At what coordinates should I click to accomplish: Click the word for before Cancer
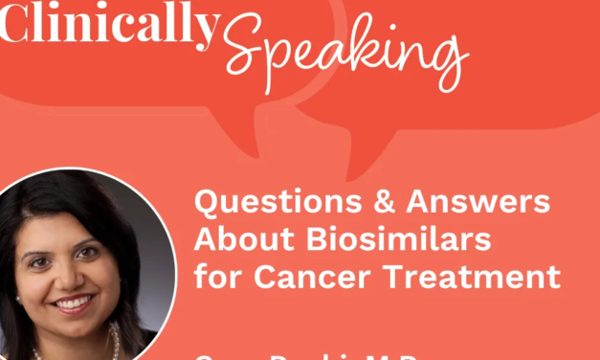pos(215,278)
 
